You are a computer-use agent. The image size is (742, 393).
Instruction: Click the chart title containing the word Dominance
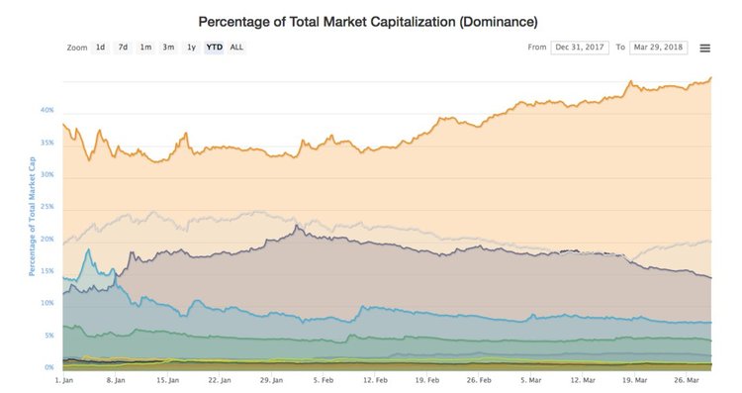[x=368, y=21]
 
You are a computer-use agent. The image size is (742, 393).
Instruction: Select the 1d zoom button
[x=101, y=47]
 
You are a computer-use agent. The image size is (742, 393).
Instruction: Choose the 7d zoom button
[x=123, y=47]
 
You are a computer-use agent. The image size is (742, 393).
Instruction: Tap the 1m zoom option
[x=145, y=47]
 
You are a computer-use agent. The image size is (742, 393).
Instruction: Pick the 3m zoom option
[x=168, y=47]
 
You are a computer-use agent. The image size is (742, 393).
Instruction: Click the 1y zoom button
[x=191, y=47]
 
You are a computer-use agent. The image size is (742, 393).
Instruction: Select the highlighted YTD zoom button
[x=214, y=47]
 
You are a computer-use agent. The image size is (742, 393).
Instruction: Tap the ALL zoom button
[x=236, y=47]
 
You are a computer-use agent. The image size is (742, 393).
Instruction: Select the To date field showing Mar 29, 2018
[x=660, y=47]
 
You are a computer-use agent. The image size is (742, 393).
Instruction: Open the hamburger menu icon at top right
[x=704, y=48]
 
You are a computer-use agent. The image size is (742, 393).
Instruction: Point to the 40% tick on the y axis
[x=46, y=110]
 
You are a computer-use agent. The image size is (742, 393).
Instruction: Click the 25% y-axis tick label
[x=46, y=207]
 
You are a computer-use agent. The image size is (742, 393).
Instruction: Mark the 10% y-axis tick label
[x=46, y=303]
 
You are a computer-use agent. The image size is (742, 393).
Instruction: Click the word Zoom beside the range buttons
[x=77, y=47]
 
